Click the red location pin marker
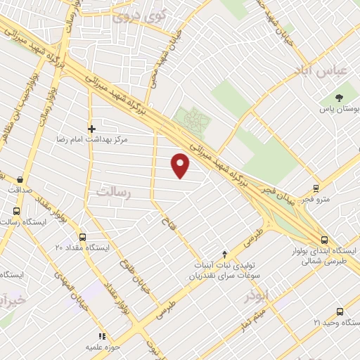tap(181, 165)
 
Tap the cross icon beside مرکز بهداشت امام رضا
tap(91, 128)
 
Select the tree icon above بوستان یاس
tap(340, 98)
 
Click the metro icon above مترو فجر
tap(316, 188)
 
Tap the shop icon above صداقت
tap(19, 179)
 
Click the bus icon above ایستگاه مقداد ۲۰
tap(82, 237)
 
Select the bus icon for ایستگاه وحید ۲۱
tap(340, 311)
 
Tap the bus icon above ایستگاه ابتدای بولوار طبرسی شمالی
tap(324, 239)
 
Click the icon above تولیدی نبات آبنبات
tap(224, 254)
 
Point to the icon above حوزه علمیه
tap(101, 337)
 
